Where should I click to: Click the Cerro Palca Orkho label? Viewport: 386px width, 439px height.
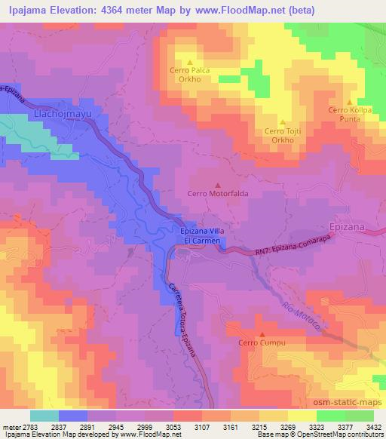[x=189, y=75]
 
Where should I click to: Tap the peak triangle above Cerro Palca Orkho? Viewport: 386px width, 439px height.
[x=190, y=63]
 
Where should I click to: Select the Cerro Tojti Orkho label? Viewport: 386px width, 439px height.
[x=283, y=136]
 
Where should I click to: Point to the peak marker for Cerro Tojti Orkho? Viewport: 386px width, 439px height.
[x=283, y=121]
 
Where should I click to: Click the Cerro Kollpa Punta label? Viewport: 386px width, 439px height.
[x=348, y=115]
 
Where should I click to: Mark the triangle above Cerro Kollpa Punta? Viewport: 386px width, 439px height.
[x=349, y=101]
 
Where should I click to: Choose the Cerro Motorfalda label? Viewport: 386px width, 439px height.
[x=218, y=193]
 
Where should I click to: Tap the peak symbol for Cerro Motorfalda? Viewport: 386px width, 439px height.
[x=219, y=184]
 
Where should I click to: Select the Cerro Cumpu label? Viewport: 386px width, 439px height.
[x=260, y=343]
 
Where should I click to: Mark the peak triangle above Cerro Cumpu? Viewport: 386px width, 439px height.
[x=262, y=334]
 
